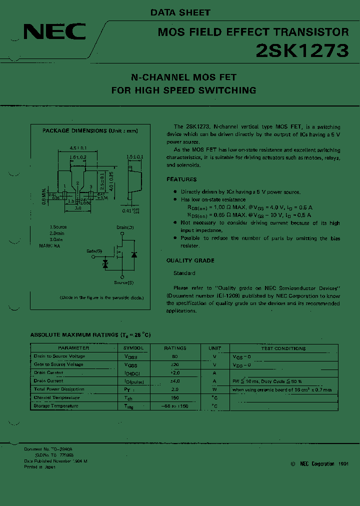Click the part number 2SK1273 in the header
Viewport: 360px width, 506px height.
tap(302, 50)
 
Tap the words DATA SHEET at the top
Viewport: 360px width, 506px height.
tap(180, 12)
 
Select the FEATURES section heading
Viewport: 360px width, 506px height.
tap(181, 179)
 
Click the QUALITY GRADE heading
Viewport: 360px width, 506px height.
tap(190, 260)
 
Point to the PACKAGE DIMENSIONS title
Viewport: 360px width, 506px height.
tap(90, 131)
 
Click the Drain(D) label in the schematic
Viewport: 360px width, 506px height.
tap(125, 227)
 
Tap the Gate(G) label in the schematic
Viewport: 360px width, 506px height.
tap(94, 250)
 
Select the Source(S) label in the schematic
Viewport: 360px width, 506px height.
tap(123, 283)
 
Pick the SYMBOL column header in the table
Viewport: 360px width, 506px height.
tap(133, 348)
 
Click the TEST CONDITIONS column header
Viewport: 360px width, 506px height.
tap(283, 348)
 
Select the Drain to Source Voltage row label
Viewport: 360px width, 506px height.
tap(59, 356)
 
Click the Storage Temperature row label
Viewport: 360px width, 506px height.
tap(56, 406)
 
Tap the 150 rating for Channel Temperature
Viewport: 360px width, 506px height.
tap(175, 397)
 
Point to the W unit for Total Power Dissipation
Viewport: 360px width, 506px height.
tap(214, 389)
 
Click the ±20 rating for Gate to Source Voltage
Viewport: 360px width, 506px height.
tap(175, 364)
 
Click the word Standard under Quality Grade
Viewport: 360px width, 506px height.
tap(184, 273)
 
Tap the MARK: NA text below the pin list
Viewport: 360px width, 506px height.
tap(50, 246)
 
